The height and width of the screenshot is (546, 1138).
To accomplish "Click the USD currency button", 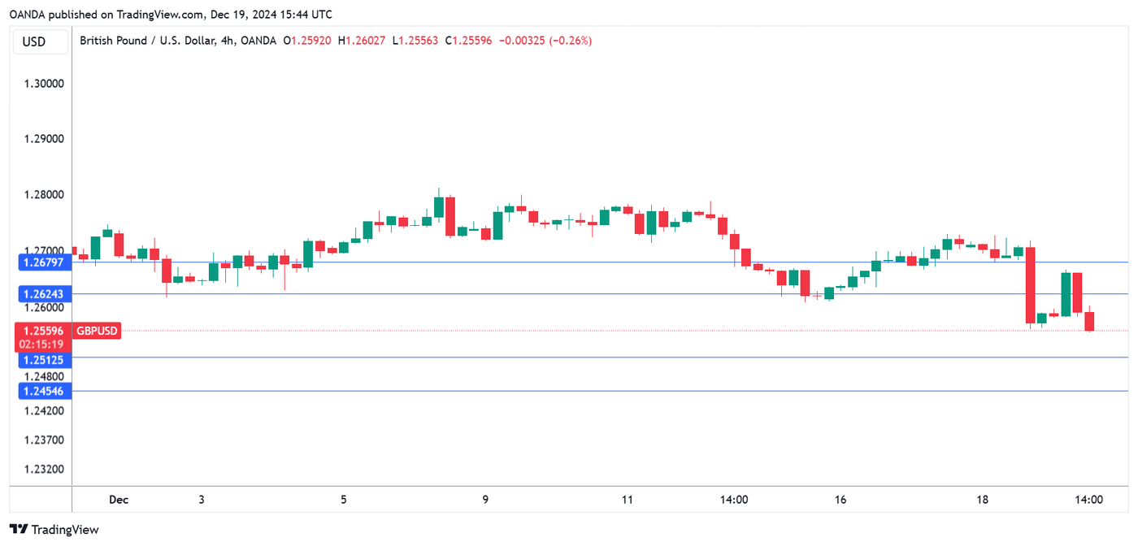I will (34, 41).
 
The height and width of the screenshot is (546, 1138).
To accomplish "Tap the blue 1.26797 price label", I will (44, 262).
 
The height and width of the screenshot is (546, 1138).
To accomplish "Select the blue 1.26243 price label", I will (44, 293).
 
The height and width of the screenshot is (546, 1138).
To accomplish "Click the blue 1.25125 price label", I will (44, 359).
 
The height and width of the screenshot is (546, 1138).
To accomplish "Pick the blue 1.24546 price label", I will (44, 391).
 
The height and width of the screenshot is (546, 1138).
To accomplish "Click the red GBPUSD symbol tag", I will (97, 331).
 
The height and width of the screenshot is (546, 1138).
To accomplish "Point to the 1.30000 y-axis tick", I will (44, 83).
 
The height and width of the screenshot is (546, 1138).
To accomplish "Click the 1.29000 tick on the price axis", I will (44, 139).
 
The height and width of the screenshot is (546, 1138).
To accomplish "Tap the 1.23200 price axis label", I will (44, 470).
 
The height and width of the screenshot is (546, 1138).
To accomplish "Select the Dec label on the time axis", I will (119, 500).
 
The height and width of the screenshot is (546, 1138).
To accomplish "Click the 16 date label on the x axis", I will (840, 500).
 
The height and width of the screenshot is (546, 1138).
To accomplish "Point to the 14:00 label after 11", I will (734, 500).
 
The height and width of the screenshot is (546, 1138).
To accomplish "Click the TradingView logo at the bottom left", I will (54, 530).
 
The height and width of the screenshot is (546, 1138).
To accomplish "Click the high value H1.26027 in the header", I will (362, 41).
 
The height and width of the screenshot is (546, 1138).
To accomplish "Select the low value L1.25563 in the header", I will (415, 41).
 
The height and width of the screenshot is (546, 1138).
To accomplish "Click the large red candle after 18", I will (1030, 285).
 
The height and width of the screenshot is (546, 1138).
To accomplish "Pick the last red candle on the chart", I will (1089, 321).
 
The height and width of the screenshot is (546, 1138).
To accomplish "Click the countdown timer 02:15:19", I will (44, 344).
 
